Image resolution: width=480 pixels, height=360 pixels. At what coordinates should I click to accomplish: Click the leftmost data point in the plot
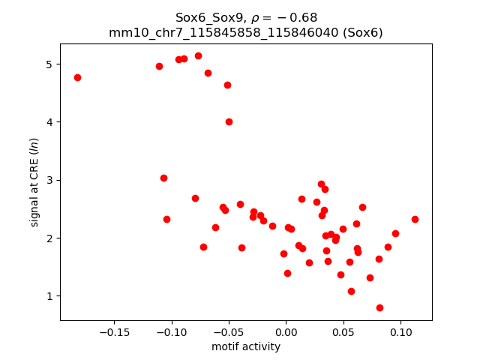(x=77, y=77)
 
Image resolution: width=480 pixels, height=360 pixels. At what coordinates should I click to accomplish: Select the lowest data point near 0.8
(x=379, y=307)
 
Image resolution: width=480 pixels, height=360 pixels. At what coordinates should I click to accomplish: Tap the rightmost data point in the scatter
(x=415, y=219)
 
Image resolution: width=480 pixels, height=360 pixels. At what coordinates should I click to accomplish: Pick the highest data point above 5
(x=198, y=55)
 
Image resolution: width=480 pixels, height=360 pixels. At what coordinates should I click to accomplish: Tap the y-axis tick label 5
(x=49, y=64)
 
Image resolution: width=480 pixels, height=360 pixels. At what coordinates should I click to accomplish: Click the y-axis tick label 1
(x=49, y=296)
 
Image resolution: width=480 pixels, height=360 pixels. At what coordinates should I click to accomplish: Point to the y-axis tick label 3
(x=49, y=180)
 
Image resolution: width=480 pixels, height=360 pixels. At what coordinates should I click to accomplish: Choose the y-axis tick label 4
(x=49, y=122)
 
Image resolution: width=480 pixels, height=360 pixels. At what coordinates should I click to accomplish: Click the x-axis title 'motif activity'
(x=246, y=346)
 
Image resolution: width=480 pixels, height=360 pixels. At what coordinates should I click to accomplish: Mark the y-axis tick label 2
(x=49, y=238)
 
